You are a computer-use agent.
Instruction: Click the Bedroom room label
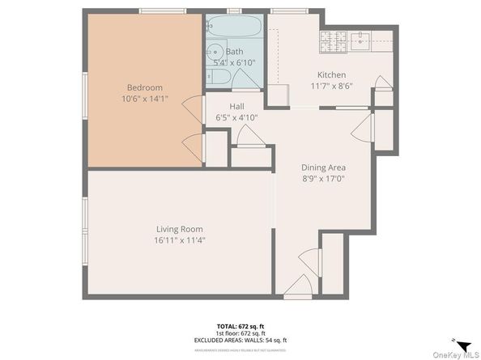coord(144,87)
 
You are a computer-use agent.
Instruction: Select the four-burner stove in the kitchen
coord(333,40)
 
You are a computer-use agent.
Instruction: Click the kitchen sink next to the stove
coord(360,38)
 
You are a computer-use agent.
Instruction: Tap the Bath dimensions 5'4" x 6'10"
coord(234,62)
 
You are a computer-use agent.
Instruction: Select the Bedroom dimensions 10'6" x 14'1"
coord(144,100)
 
